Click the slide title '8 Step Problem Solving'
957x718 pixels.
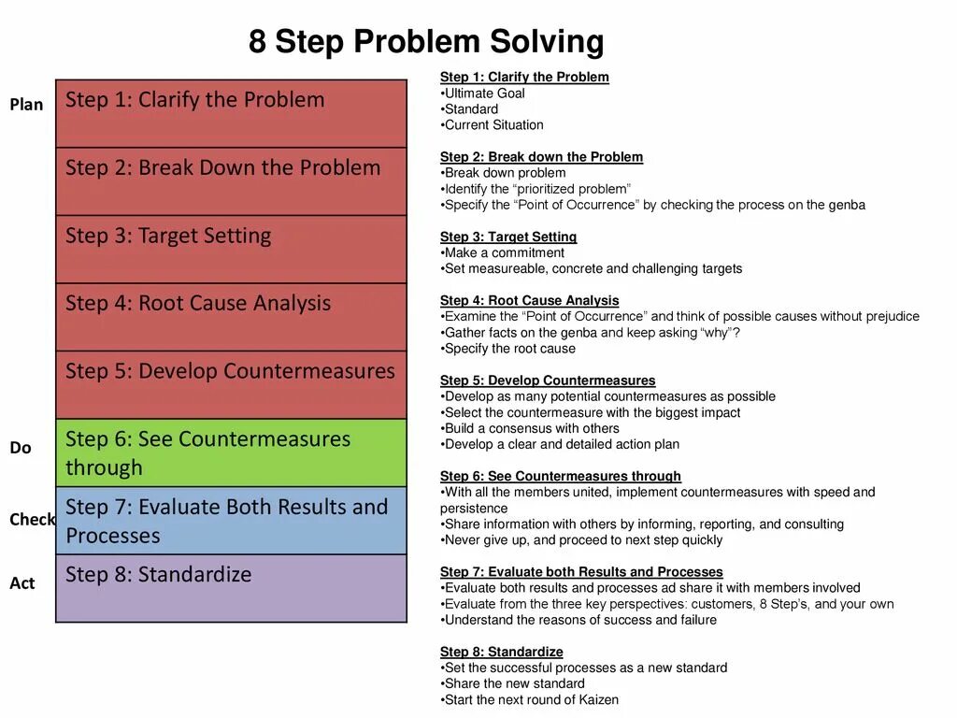(x=426, y=41)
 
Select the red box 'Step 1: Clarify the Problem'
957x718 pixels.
(x=231, y=113)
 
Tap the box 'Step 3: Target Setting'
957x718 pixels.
(x=231, y=249)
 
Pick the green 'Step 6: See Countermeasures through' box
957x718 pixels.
(x=231, y=452)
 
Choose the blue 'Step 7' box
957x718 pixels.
(x=231, y=521)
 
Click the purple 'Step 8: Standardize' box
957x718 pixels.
(x=231, y=588)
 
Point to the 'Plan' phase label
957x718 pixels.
(x=26, y=105)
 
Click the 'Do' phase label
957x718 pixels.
(x=21, y=448)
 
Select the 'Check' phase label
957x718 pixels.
(x=32, y=520)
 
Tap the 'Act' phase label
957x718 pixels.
(x=22, y=583)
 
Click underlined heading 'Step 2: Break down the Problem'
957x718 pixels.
(x=541, y=157)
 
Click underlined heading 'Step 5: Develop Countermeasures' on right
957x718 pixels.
(x=548, y=381)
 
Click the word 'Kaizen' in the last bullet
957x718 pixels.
(x=597, y=699)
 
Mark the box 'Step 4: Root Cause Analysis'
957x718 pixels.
(x=231, y=317)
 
